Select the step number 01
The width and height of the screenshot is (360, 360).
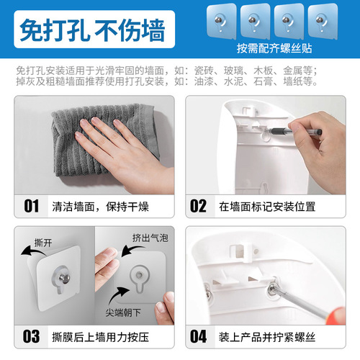click(x=31, y=206)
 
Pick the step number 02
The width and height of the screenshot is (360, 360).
click(x=199, y=206)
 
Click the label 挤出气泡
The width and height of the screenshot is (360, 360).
click(x=146, y=237)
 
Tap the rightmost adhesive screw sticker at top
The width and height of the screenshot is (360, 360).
click(x=324, y=20)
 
